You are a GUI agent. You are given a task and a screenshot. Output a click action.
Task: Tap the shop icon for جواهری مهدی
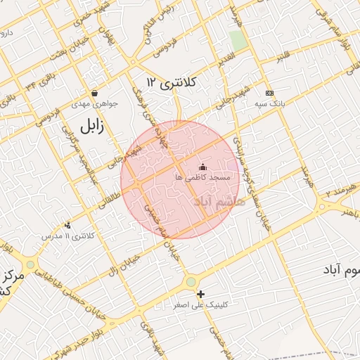[94, 93]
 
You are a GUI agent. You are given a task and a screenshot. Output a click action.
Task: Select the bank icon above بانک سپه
[269, 93]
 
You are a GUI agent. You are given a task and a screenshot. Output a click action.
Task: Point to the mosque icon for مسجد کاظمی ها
[203, 167]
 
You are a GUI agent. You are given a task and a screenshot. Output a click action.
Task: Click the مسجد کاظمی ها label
[203, 178]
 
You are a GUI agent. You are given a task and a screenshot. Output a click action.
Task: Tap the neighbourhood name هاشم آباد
[219, 202]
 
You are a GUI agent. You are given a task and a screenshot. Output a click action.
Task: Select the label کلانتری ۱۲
[172, 83]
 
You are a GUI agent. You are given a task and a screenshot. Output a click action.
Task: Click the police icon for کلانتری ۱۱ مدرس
[67, 225]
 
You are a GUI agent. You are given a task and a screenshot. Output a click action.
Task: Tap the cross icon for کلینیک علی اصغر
[201, 294]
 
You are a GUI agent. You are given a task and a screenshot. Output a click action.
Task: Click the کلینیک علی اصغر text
[207, 304]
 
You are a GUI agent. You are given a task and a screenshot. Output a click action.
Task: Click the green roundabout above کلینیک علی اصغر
[191, 282]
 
